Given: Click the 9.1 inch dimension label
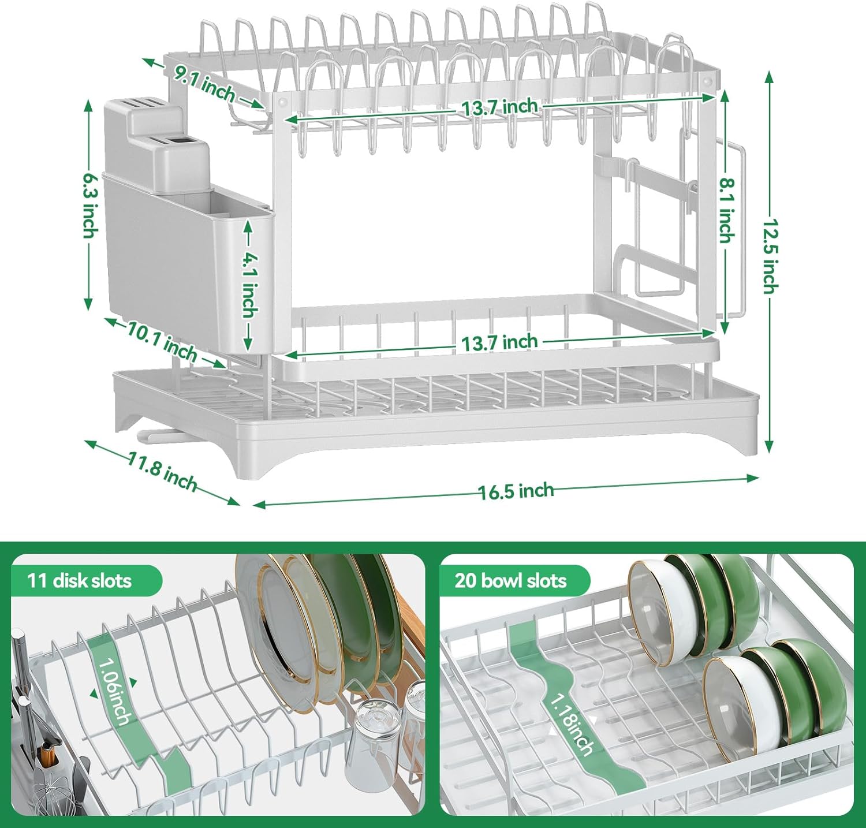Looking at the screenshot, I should (205, 84).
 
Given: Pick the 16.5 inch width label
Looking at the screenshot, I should (516, 491).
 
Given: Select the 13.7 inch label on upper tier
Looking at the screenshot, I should (499, 107).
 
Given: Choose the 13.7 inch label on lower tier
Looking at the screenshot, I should (499, 342).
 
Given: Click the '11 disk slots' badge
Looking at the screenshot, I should (80, 580).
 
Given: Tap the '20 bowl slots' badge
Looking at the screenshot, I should (510, 580).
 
